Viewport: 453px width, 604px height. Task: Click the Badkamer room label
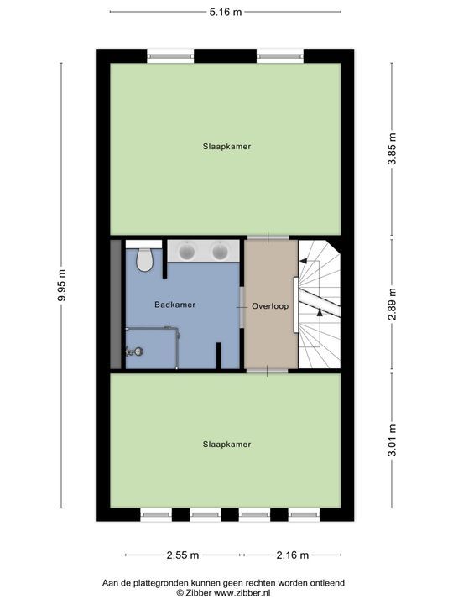click(175, 305)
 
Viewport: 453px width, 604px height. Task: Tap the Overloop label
click(270, 306)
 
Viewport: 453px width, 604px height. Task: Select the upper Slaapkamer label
click(226, 146)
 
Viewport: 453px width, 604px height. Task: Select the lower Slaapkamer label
click(226, 445)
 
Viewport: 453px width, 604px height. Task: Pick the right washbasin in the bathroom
click(221, 250)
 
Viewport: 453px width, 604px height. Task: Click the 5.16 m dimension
click(226, 13)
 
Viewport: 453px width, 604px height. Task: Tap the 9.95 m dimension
click(62, 286)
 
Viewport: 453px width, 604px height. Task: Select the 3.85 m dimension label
click(392, 151)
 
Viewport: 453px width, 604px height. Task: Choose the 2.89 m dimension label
click(392, 305)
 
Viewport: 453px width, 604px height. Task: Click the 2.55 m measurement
click(182, 555)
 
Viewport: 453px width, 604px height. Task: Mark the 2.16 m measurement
click(292, 555)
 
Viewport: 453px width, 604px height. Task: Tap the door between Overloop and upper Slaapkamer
click(268, 237)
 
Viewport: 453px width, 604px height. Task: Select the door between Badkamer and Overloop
click(242, 306)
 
